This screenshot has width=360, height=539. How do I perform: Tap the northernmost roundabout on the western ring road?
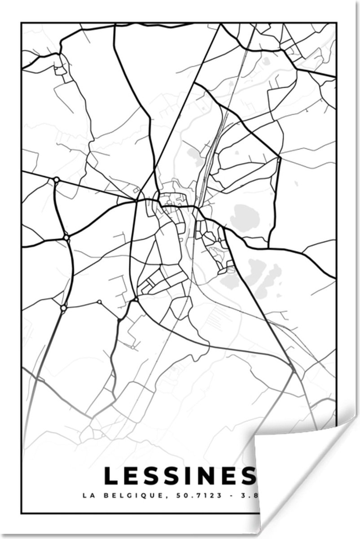pos(57,180)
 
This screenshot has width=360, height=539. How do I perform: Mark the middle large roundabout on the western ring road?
pos(66,237)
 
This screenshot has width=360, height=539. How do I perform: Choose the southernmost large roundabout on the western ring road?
pos(63,308)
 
